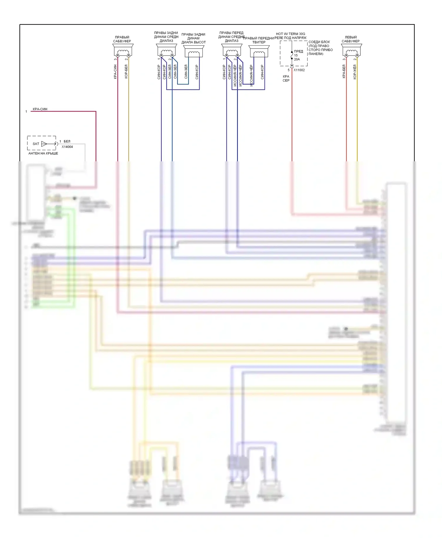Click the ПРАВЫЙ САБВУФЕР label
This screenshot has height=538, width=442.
click(122, 39)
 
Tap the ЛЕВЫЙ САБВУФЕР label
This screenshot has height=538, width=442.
click(351, 39)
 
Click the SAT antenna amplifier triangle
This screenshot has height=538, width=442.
click(44, 144)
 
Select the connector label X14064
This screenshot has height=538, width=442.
click(67, 147)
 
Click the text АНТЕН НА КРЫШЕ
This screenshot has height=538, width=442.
click(43, 153)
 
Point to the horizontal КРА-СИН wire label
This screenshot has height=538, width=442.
click(40, 109)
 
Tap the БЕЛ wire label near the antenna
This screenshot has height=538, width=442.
click(67, 141)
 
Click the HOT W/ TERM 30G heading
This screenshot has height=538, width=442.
click(291, 34)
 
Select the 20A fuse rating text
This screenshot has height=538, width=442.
click(297, 59)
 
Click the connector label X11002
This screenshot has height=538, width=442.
click(299, 70)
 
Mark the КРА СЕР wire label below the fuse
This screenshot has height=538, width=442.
click(286, 78)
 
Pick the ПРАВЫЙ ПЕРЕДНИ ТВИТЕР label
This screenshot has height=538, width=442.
click(258, 40)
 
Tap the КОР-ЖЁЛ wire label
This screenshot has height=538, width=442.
click(355, 72)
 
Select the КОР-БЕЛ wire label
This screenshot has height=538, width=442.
click(126, 72)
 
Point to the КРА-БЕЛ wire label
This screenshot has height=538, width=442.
click(344, 72)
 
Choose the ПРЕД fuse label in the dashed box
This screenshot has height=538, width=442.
click(298, 51)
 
